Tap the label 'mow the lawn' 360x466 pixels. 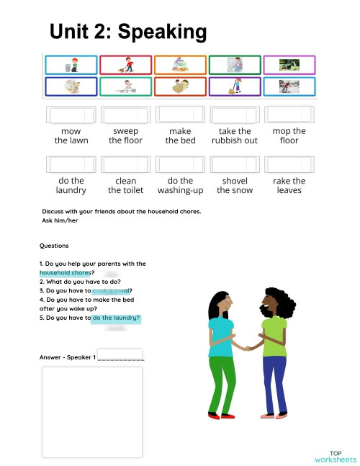71,135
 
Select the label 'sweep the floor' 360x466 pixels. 125,135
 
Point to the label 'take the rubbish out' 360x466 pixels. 234,135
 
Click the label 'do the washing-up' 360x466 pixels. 180,185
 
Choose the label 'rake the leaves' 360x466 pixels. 289,185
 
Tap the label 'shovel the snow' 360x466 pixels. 234,185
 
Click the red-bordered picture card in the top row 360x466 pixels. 125,66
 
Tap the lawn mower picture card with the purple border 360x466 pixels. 289,66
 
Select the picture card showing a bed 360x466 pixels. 180,87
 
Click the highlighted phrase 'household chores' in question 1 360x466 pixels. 65,273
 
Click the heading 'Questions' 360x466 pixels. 54,246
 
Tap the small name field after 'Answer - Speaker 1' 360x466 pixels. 120,354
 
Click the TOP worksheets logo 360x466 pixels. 335,456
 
